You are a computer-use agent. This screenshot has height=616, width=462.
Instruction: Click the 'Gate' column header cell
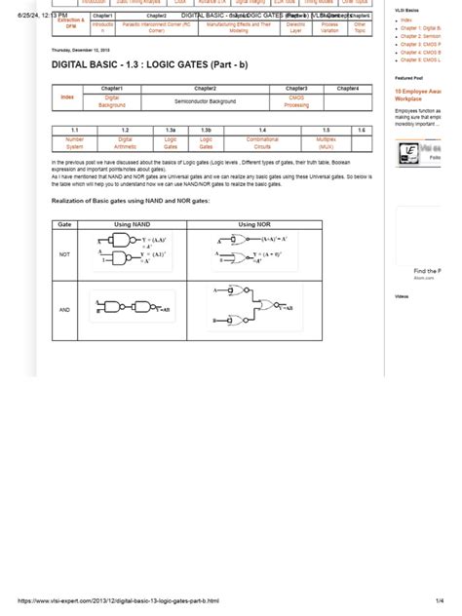tap(65, 224)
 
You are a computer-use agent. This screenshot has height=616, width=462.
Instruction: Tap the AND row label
tap(65, 309)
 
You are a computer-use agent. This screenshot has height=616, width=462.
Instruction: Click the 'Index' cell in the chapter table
tap(67, 97)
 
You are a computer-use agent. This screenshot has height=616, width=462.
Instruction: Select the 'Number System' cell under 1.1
tap(75, 143)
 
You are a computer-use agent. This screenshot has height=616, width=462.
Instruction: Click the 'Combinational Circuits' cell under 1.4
tap(261, 143)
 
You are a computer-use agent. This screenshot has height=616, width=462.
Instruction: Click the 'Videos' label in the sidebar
tap(403, 295)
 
